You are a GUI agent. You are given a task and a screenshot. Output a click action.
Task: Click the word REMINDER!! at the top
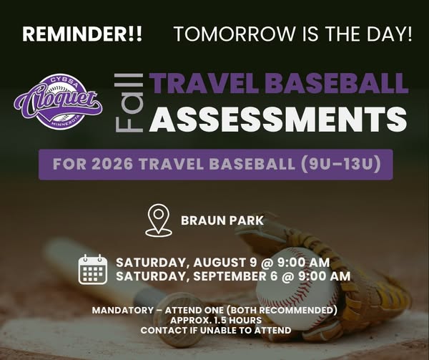pyautogui.click(x=82, y=34)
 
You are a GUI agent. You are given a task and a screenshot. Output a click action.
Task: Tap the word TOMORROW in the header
pyautogui.click(x=235, y=34)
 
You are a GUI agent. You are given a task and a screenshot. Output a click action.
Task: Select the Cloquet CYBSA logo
pyautogui.click(x=59, y=102)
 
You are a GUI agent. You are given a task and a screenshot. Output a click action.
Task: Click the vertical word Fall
pyautogui.click(x=129, y=102)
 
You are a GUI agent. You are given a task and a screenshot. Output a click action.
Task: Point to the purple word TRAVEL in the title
pyautogui.click(x=205, y=83)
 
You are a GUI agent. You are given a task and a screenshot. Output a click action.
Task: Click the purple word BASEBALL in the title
pyautogui.click(x=337, y=83)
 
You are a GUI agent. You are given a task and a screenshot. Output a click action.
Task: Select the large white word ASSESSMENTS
pyautogui.click(x=278, y=120)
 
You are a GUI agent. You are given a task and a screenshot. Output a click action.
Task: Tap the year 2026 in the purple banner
pyautogui.click(x=112, y=164)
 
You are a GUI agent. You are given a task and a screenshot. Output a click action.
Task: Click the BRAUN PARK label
pyautogui.click(x=222, y=220)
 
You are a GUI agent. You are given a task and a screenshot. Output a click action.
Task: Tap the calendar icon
pyautogui.click(x=92, y=270)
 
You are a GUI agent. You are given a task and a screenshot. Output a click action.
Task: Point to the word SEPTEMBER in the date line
pyautogui.click(x=230, y=276)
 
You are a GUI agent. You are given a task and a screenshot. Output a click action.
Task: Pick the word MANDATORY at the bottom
pyautogui.click(x=122, y=311)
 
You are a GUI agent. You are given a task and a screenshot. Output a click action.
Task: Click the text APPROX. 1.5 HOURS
pyautogui.click(x=216, y=321)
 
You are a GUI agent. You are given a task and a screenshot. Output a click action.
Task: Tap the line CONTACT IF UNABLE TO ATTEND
pyautogui.click(x=216, y=330)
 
